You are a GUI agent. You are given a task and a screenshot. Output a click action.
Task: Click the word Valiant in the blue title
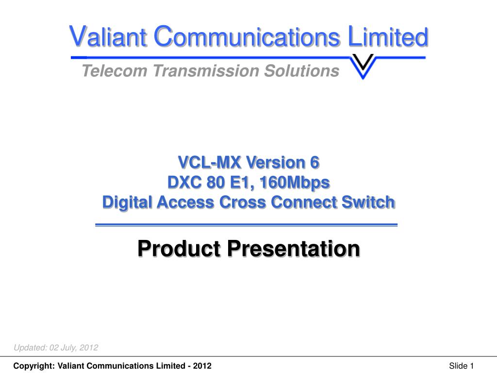tap(108, 36)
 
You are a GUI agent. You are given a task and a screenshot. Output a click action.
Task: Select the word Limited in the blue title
tap(388, 36)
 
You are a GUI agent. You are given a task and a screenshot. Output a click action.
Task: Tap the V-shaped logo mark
tap(363, 66)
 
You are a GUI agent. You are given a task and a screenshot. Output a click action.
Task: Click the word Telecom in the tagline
tap(115, 70)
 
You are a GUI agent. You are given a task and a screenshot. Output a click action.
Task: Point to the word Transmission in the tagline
tap(206, 70)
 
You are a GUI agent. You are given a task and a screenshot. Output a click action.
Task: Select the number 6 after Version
tap(315, 162)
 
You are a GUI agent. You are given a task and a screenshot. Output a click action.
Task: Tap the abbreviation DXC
tap(184, 183)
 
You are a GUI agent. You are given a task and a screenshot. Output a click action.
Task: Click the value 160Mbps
tap(295, 183)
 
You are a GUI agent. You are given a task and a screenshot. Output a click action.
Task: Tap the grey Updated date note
tap(56, 348)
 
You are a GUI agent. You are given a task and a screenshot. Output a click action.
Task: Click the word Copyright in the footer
tap(34, 366)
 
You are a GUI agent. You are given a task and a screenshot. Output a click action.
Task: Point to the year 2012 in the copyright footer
tap(202, 366)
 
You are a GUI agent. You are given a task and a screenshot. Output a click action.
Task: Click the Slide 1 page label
tap(462, 366)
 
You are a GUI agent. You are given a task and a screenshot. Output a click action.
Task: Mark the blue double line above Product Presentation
tap(246, 225)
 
